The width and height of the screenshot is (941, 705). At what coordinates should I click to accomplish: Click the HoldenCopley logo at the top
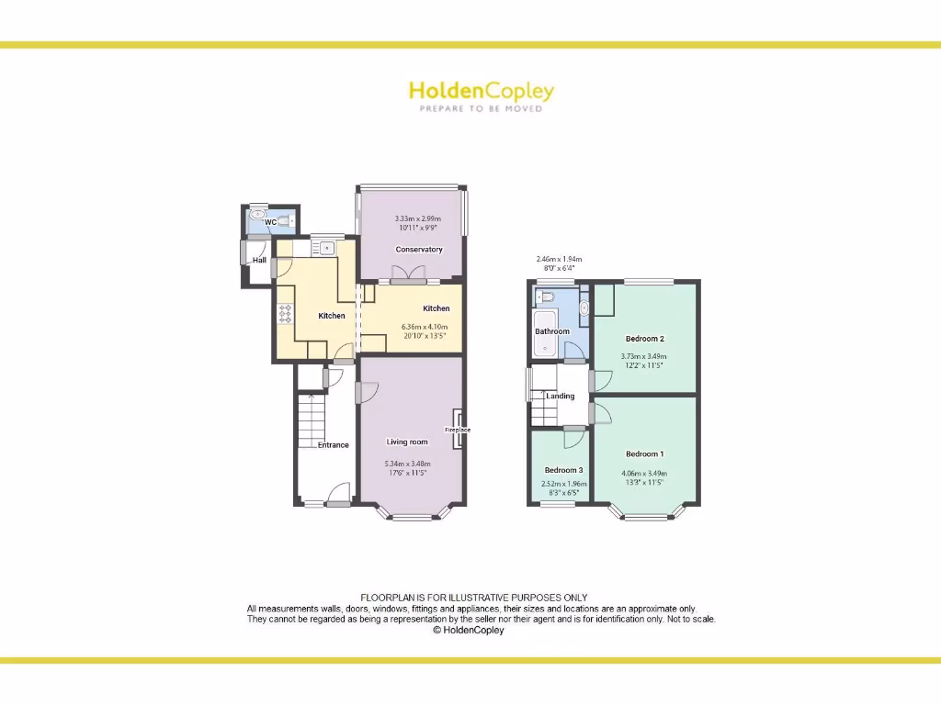point(481,91)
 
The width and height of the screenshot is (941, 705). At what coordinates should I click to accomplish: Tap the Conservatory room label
point(419,250)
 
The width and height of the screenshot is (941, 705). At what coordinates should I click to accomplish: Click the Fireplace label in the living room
point(458,430)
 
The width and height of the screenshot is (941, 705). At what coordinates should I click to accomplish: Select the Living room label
point(407,442)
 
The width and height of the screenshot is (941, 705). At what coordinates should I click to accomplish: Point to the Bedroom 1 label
point(644,453)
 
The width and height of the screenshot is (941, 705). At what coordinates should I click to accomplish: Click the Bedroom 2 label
point(644,339)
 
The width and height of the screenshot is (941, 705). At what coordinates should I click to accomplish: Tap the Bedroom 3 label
point(564,470)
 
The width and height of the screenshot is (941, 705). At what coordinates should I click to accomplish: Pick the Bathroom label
point(552,331)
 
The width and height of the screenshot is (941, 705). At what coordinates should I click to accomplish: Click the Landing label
point(560,397)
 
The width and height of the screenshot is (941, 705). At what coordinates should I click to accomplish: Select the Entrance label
point(334,445)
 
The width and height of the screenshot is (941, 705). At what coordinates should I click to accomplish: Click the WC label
point(270,222)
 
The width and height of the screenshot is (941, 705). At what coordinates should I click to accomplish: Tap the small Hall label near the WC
point(259,261)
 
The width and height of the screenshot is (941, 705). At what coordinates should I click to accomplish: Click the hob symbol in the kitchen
point(284,313)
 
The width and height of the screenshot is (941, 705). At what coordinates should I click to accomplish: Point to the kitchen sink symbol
point(325,246)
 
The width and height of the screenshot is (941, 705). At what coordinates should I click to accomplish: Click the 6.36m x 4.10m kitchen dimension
point(425,327)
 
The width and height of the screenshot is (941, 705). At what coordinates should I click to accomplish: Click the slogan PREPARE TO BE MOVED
point(481,109)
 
